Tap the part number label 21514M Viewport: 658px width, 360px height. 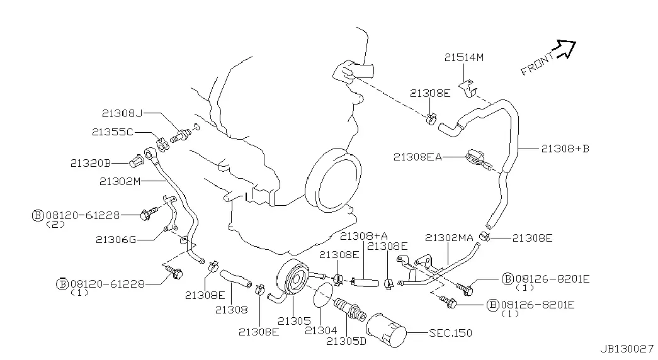point(463,57)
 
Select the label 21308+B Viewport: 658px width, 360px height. point(565,149)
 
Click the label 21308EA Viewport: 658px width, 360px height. point(417,157)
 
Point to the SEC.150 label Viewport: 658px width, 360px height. point(450,333)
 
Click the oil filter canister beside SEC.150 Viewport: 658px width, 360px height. point(386,330)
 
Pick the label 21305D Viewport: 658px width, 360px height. point(346,341)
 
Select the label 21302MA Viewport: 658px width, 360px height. point(449,238)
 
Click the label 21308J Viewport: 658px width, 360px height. point(122,113)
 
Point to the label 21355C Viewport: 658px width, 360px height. point(113,132)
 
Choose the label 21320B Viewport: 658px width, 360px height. point(90,163)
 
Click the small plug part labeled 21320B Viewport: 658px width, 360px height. point(135,161)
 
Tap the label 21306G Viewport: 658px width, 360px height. point(116,240)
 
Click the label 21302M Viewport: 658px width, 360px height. point(120,181)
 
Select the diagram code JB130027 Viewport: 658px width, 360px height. point(627,349)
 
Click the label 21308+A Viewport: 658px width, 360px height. point(363,236)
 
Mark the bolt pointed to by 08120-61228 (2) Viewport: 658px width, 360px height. point(149,214)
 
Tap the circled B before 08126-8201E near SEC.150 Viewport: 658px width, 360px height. point(492,305)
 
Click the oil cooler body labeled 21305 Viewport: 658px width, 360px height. point(293,279)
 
